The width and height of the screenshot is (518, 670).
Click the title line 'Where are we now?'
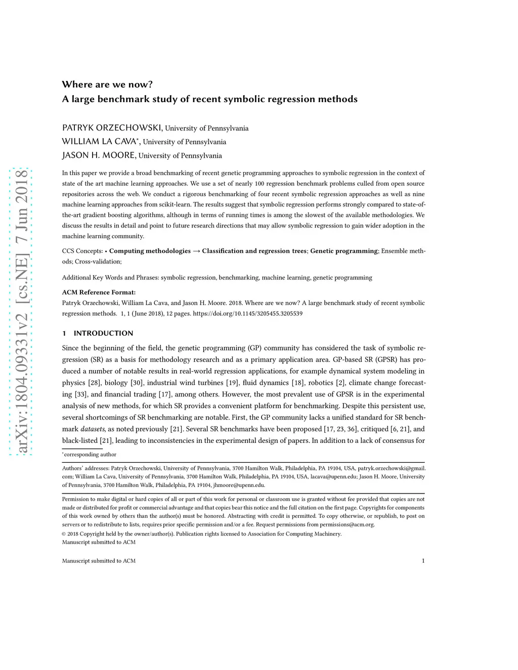(107, 84)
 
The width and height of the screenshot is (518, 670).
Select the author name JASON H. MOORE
(99, 155)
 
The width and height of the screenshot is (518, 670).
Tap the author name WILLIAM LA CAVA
(99, 142)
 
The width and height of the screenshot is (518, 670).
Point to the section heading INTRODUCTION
(103, 333)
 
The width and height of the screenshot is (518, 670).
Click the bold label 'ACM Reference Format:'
(99, 292)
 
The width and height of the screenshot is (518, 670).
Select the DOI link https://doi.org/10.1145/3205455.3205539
(248, 314)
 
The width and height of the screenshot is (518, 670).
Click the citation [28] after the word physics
(95, 383)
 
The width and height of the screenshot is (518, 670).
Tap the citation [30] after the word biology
(137, 383)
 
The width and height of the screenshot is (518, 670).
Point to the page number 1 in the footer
(423, 561)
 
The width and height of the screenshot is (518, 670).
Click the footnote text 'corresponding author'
(90, 455)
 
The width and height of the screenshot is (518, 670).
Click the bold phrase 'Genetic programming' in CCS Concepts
(344, 251)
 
